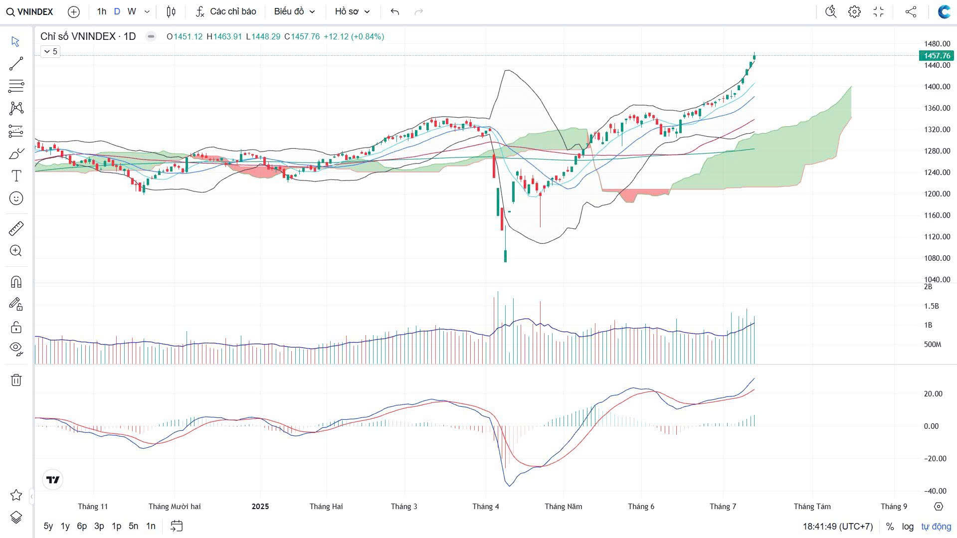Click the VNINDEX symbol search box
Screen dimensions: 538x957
click(x=30, y=11)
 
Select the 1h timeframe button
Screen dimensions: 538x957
click(x=102, y=11)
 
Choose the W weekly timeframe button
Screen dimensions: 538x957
click(x=131, y=11)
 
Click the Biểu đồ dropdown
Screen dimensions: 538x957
click(x=294, y=11)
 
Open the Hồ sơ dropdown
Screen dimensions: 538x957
click(x=352, y=11)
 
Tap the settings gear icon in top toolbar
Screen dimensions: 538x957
click(x=854, y=11)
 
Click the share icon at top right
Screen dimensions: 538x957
click(x=911, y=11)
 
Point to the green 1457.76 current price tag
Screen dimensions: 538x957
click(x=937, y=56)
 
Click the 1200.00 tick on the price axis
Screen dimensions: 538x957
click(x=937, y=194)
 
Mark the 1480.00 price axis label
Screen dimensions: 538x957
click(x=937, y=44)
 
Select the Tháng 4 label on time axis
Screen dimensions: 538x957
click(x=486, y=507)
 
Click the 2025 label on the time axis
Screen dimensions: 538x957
click(x=260, y=507)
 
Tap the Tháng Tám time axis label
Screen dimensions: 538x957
click(x=812, y=507)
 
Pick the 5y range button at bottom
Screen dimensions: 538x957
click(x=48, y=526)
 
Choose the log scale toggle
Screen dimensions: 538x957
click(x=908, y=527)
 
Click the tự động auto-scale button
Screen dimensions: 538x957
click(x=936, y=527)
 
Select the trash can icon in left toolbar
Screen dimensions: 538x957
click(x=16, y=380)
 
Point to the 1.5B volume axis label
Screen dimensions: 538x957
click(x=931, y=306)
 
